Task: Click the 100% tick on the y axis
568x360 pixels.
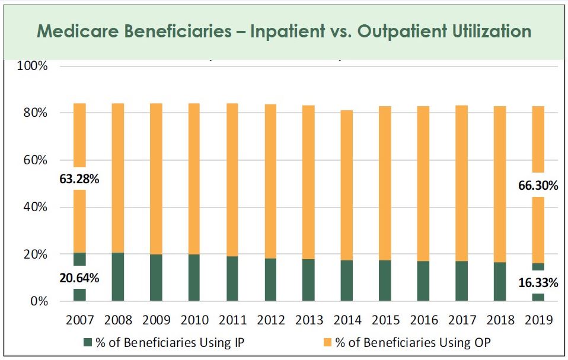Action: [32, 66]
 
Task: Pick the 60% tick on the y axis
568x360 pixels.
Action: [35, 160]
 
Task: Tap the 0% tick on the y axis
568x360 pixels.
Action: [38, 301]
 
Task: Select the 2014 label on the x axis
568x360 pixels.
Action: [347, 320]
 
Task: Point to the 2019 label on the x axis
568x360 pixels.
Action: [539, 320]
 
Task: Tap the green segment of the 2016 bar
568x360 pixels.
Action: [423, 281]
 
